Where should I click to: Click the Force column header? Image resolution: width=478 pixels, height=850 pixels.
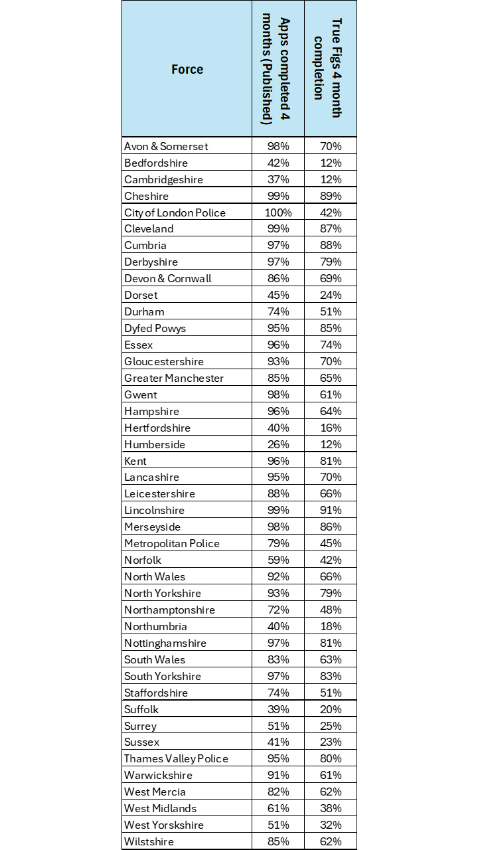pyautogui.click(x=187, y=69)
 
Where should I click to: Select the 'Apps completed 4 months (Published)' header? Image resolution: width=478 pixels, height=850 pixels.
pyautogui.click(x=278, y=69)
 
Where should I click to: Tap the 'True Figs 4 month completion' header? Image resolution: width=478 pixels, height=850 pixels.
pyautogui.click(x=330, y=69)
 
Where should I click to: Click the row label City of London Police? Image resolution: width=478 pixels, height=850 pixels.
pyautogui.click(x=175, y=212)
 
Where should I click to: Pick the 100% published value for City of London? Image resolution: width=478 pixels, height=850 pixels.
pyautogui.click(x=278, y=212)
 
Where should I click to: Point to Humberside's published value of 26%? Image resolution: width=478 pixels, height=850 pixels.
pyautogui.click(x=278, y=444)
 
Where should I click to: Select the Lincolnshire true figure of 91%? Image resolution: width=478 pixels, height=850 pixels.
pyautogui.click(x=330, y=510)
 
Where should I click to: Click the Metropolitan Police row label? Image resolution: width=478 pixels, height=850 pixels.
pyautogui.click(x=171, y=543)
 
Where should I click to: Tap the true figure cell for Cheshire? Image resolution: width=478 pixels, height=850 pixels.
pyautogui.click(x=330, y=196)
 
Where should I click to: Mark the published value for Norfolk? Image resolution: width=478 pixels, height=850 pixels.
pyautogui.click(x=278, y=560)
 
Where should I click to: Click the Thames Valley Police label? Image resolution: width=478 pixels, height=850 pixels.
pyautogui.click(x=176, y=758)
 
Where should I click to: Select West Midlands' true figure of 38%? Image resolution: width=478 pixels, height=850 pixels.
pyautogui.click(x=330, y=808)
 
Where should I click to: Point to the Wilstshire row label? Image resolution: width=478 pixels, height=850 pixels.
pyautogui.click(x=149, y=841)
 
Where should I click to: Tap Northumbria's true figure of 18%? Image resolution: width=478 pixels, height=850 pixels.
pyautogui.click(x=330, y=626)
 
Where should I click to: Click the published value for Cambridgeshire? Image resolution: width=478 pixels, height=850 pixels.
pyautogui.click(x=278, y=179)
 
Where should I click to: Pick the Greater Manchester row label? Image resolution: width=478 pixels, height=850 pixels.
pyautogui.click(x=173, y=378)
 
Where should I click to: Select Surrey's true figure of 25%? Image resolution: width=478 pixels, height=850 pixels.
pyautogui.click(x=330, y=726)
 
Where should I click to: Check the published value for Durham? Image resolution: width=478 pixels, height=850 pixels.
pyautogui.click(x=278, y=311)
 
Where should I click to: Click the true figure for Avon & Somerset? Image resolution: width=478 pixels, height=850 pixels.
pyautogui.click(x=330, y=146)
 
